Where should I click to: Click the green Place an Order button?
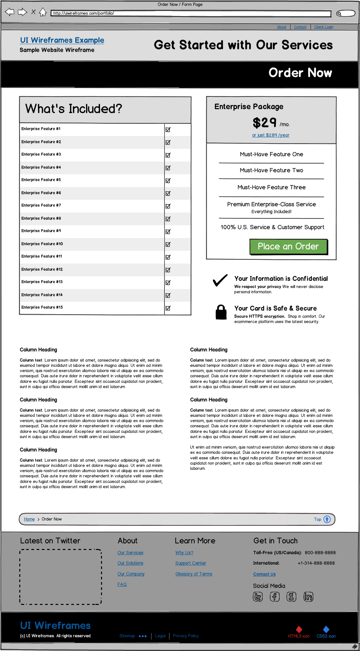pos(288,247)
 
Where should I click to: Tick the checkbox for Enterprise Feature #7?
pos(168,206)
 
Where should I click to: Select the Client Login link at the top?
pos(324,27)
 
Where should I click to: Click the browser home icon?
pos(43,12)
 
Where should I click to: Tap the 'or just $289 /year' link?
pos(270,135)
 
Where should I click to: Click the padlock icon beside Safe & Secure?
pos(221,312)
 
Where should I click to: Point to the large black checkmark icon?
pos(220,281)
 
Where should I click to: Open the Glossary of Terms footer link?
pos(194,574)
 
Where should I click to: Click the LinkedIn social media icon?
pos(308,597)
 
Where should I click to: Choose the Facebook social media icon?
pos(275,597)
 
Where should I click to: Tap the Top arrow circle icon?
pos(327,519)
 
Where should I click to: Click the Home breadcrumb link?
pos(29,519)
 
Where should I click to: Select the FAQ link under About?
pos(122,584)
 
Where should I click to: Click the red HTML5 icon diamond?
pos(299,629)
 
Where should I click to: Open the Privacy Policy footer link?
pos(186,636)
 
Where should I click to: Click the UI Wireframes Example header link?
pos(62,40)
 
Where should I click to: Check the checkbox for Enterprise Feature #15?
pos(168,308)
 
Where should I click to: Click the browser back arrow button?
pos(10,12)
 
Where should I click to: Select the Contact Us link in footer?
pos(264,574)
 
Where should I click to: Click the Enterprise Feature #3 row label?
pos(41,154)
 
